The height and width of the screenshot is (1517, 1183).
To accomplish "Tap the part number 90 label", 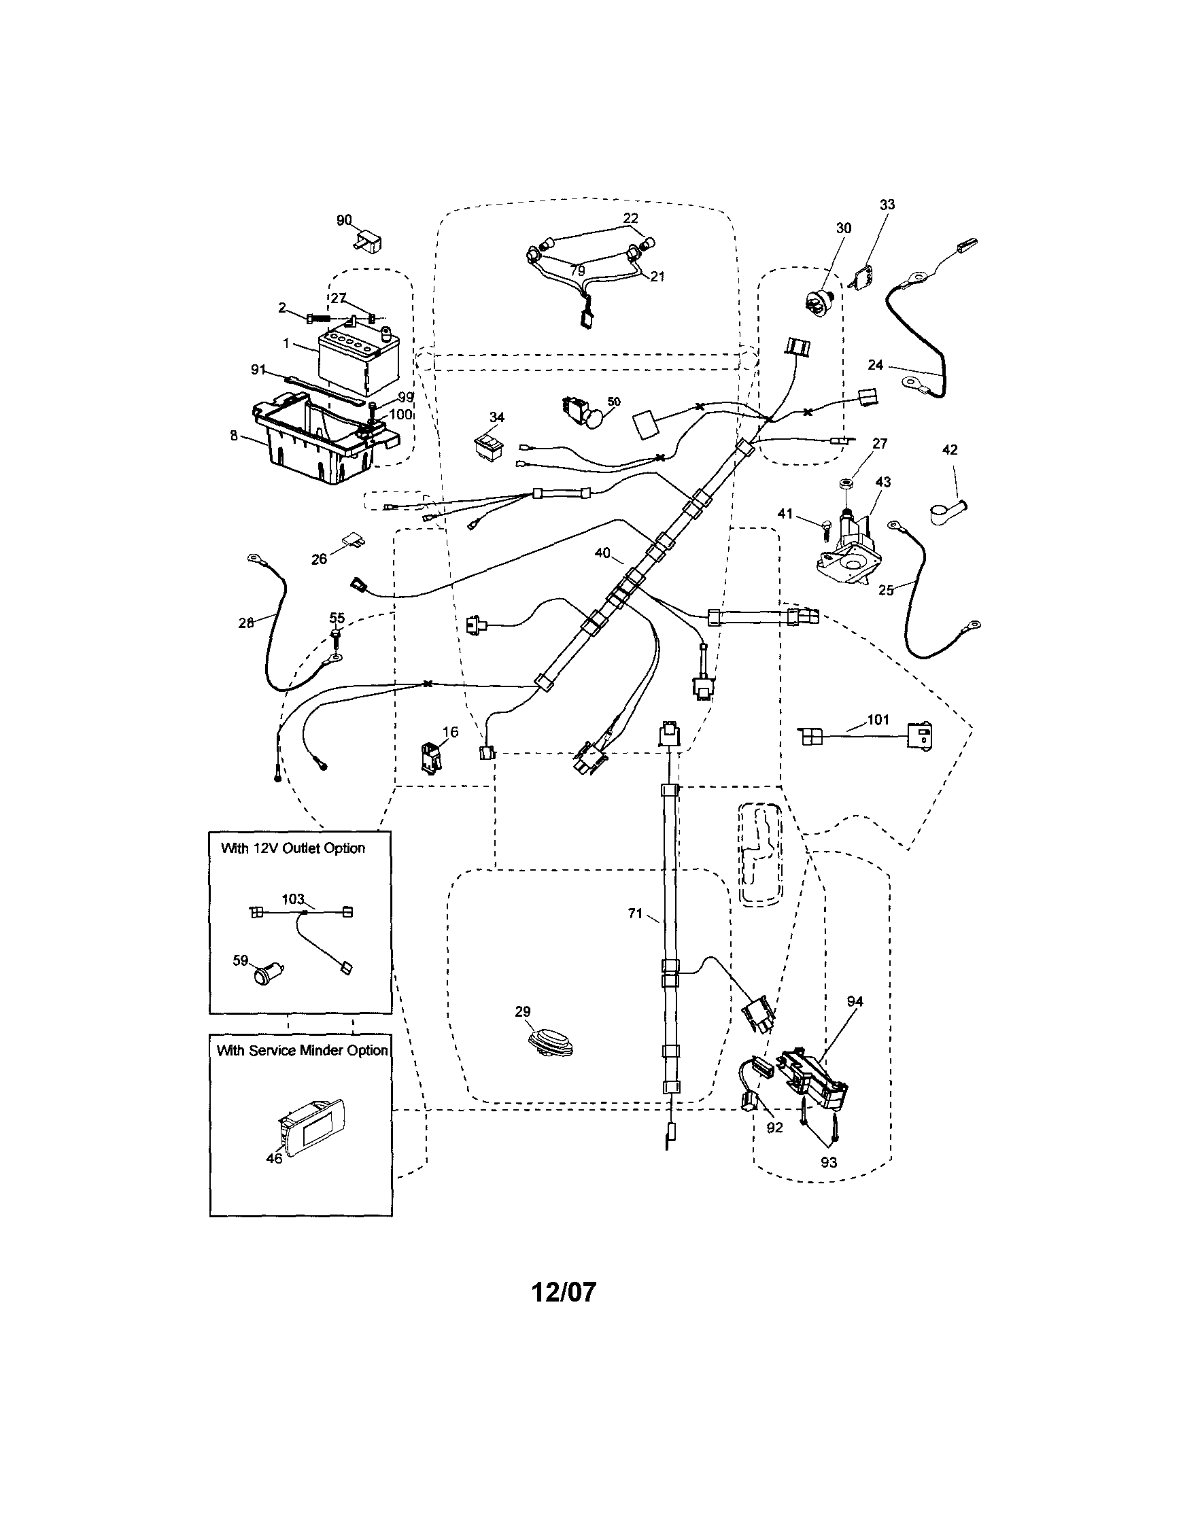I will click(344, 220).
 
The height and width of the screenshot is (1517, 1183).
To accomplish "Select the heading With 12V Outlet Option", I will click(292, 848).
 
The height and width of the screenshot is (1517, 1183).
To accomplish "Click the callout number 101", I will click(878, 720).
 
